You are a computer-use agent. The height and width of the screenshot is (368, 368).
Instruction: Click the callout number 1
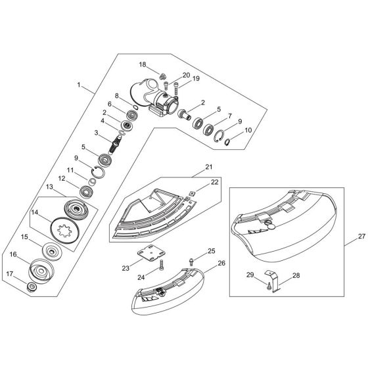(80, 85)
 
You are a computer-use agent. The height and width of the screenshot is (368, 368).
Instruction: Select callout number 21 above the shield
(208, 168)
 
